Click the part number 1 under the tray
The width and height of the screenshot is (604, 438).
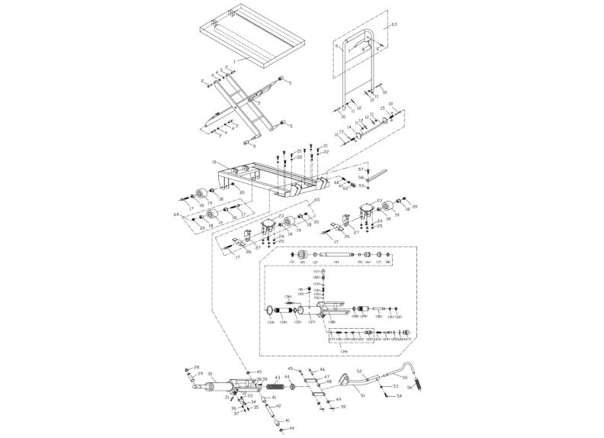[237, 60]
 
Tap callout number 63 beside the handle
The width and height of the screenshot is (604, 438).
[394, 25]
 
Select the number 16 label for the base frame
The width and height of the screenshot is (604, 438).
[215, 163]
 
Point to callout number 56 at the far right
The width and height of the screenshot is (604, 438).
[409, 388]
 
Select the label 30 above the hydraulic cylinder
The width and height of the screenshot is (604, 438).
[209, 374]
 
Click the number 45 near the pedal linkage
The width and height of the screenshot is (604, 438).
[290, 369]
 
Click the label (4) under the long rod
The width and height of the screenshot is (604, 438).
[336, 262]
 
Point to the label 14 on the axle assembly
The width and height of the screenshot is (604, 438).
[349, 127]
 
